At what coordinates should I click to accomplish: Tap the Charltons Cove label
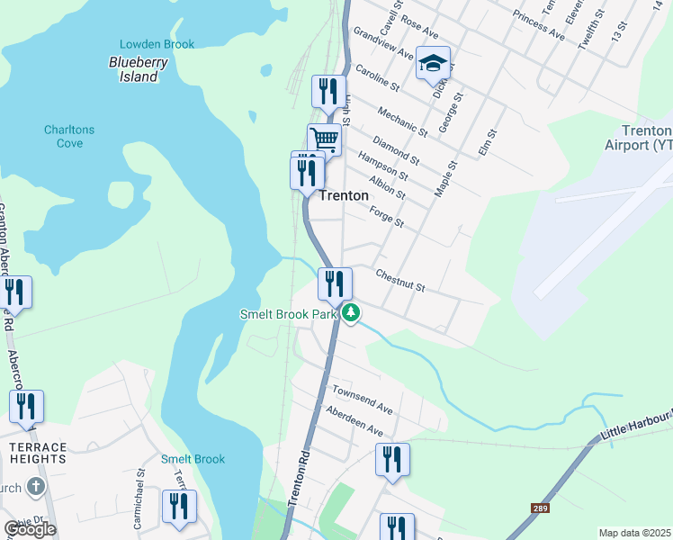(x=69, y=136)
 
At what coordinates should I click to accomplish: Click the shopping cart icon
(x=325, y=139)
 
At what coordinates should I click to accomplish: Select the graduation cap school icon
(x=433, y=64)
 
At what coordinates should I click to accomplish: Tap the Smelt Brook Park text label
(x=288, y=314)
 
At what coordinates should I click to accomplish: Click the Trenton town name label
(x=344, y=195)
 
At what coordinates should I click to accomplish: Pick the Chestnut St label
(x=399, y=280)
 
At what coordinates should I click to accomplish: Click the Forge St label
(x=387, y=216)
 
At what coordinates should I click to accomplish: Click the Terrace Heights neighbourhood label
(x=33, y=453)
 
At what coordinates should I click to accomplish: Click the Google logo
(x=30, y=529)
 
